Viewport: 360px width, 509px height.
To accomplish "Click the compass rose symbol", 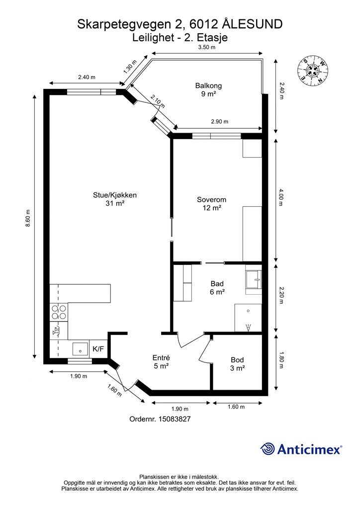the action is (313, 71).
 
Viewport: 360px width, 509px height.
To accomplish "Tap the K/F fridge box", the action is (98, 349).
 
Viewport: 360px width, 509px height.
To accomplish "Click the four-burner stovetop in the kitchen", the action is (59, 312).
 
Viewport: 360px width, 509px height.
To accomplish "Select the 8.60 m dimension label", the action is (28, 218).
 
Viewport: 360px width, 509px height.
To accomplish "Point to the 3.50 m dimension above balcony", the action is (207, 47).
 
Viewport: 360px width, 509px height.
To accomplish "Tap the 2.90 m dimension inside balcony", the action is (220, 121).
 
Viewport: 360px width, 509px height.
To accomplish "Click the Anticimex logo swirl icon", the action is (268, 449).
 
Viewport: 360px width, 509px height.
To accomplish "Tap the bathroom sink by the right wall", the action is (254, 279).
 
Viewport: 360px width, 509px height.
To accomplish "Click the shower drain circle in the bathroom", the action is (248, 311).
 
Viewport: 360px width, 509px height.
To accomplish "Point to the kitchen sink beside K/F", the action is (80, 349).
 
